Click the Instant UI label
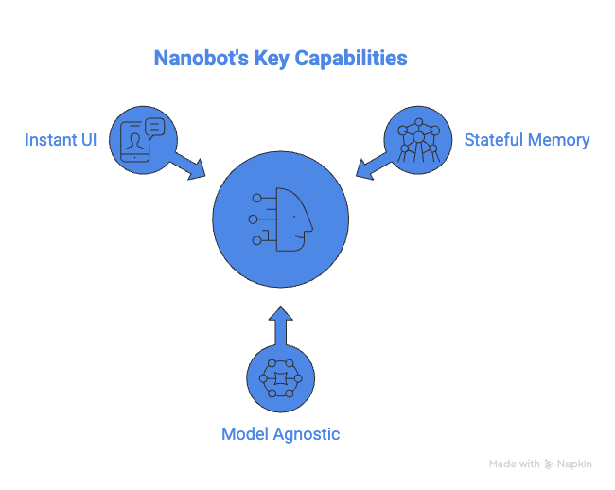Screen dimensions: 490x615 point(61,140)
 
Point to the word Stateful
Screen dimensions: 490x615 point(493,140)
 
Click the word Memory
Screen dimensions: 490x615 point(559,140)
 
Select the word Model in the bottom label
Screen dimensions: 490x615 point(243,434)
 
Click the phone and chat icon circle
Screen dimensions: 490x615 point(143,140)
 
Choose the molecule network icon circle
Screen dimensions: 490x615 point(417,140)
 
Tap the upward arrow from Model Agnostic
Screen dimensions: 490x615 point(280,325)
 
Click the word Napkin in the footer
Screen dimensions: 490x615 point(575,464)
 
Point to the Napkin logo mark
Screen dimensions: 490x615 point(550,464)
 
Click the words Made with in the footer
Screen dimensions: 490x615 point(514,464)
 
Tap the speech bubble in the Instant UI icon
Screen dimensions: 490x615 point(154,127)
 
